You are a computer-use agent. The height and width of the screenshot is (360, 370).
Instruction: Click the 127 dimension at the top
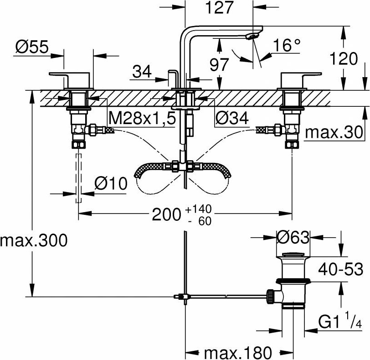pos(220,7)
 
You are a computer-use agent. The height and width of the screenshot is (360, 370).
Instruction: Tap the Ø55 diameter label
pos(32,47)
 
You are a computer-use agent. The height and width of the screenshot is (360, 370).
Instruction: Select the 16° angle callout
pos(287,45)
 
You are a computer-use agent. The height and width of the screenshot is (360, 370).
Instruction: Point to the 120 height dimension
pos(343,58)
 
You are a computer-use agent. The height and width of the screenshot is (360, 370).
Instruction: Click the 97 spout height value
pos(219,64)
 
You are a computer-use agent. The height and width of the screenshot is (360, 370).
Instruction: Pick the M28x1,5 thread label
pos(143,118)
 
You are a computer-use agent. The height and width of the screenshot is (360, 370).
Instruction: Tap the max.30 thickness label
pos(334,132)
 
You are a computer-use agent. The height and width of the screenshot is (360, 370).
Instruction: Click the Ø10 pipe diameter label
pos(111,183)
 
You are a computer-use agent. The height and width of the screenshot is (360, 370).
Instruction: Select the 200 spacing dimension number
pos(166,215)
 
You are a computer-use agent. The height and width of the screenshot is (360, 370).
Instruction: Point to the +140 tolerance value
pos(199,209)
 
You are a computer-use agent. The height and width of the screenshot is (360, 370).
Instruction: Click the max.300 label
pos(34,241)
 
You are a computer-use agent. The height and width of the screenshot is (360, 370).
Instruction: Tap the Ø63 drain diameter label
pos(293,237)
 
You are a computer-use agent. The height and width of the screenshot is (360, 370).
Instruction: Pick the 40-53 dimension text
pos(340,269)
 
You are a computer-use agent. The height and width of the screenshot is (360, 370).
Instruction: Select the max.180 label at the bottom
pos(238,353)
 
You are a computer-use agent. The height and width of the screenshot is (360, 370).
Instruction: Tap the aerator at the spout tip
pos(251,37)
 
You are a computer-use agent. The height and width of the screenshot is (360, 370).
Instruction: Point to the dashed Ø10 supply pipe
pos(78,178)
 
